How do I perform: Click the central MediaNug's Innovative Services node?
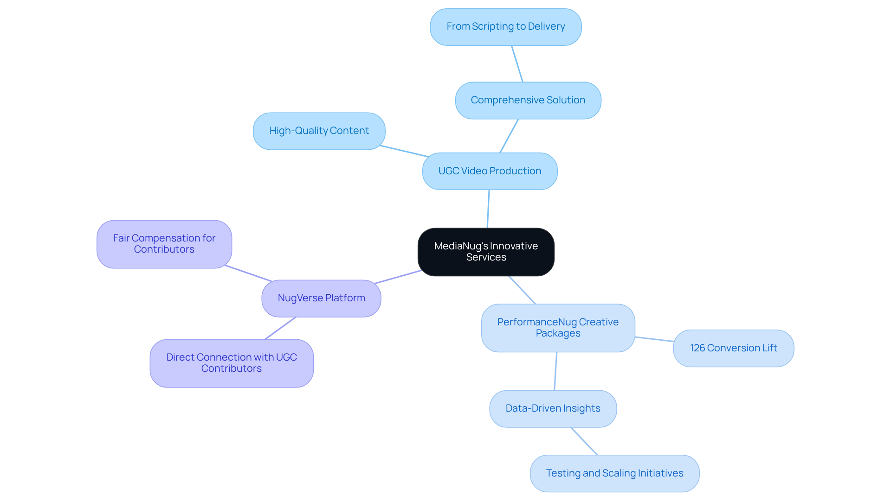(486, 252)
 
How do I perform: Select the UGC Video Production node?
(490, 171)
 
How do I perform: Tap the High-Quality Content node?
(319, 131)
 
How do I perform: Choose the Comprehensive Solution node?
(528, 100)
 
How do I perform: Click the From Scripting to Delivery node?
(505, 27)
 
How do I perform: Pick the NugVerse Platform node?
(321, 298)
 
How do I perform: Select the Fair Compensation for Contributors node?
(164, 244)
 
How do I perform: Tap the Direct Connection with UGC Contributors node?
(231, 363)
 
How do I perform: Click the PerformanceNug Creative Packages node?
(558, 328)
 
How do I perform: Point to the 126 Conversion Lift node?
(733, 348)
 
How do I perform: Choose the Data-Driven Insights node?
(553, 408)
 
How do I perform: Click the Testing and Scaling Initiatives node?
(614, 473)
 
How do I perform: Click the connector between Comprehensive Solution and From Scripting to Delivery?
(517, 64)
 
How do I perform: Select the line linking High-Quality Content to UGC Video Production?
(404, 151)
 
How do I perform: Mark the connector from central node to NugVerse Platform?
(398, 277)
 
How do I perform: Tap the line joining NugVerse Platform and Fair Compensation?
(248, 273)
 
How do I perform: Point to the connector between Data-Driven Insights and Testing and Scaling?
(584, 441)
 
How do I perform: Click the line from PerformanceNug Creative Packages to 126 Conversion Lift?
(654, 339)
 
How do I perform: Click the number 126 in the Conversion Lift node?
(697, 348)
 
